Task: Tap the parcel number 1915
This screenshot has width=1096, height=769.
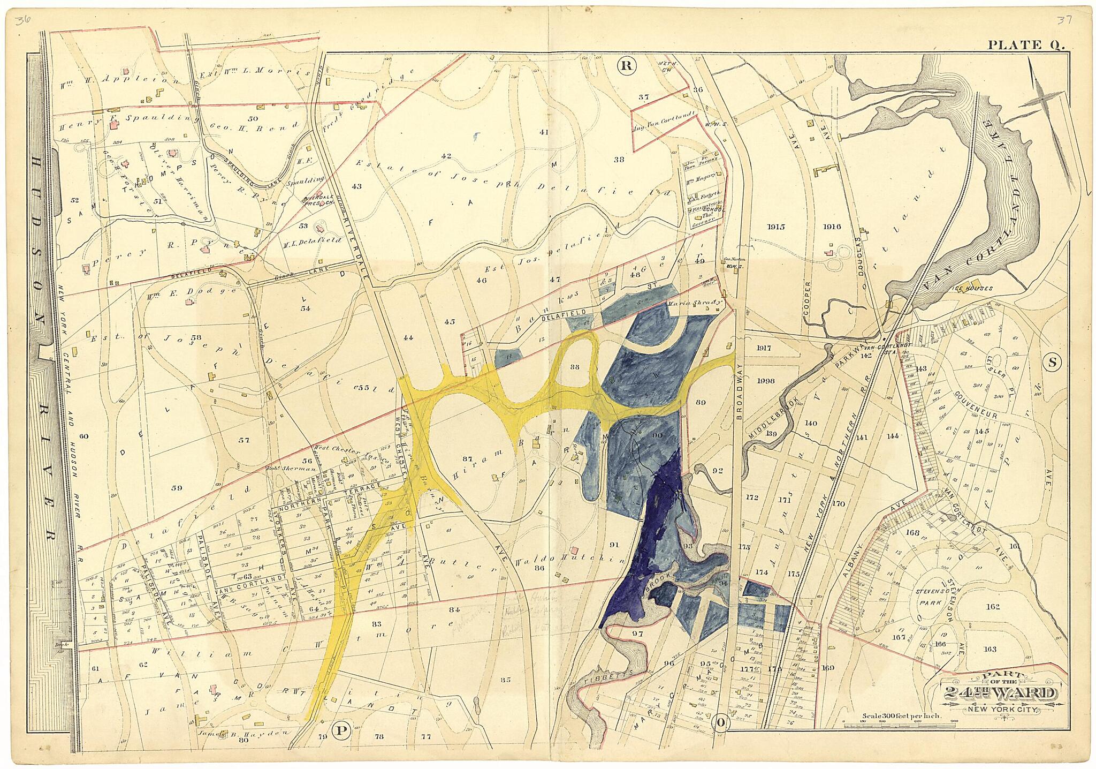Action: tap(775, 227)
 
